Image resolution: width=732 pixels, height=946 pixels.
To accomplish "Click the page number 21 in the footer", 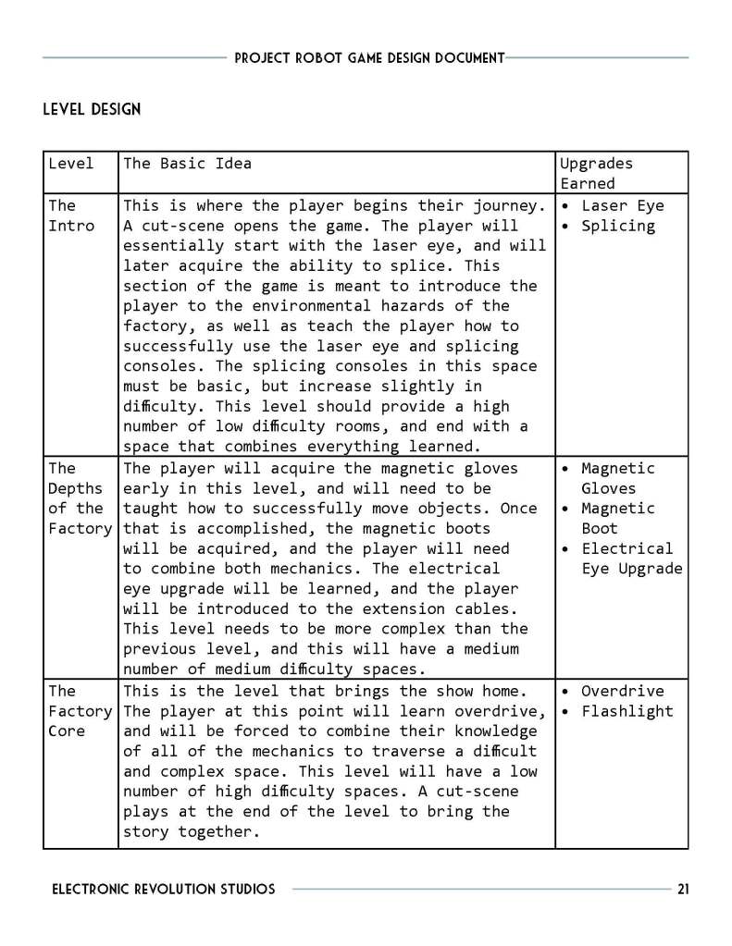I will pyautogui.click(x=683, y=890).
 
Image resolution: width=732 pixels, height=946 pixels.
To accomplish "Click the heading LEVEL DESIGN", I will pyautogui.click(x=92, y=109).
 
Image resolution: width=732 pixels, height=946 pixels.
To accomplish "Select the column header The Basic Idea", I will pyautogui.click(x=187, y=164).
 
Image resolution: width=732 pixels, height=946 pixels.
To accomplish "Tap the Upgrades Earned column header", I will pyautogui.click(x=596, y=173).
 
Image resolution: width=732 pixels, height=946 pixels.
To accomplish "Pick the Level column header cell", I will pyautogui.click(x=70, y=164).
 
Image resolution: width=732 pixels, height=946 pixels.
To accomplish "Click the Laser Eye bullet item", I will pyautogui.click(x=622, y=205).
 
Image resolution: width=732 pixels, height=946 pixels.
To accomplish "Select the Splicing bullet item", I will pyautogui.click(x=617, y=226).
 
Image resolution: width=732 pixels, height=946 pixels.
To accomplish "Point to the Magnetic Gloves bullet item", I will pyautogui.click(x=617, y=478).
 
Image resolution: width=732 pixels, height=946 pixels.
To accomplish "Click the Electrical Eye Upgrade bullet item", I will pyautogui.click(x=630, y=559).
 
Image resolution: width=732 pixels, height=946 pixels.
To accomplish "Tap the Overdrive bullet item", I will pyautogui.click(x=622, y=691).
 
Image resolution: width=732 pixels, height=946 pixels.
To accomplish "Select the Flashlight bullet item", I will pyautogui.click(x=627, y=711).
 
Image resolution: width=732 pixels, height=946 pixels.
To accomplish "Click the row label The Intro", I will pyautogui.click(x=70, y=215).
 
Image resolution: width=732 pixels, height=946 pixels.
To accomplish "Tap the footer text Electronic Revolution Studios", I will pyautogui.click(x=163, y=890).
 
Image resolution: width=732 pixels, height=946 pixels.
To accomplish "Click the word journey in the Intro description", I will pyautogui.click(x=506, y=205).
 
